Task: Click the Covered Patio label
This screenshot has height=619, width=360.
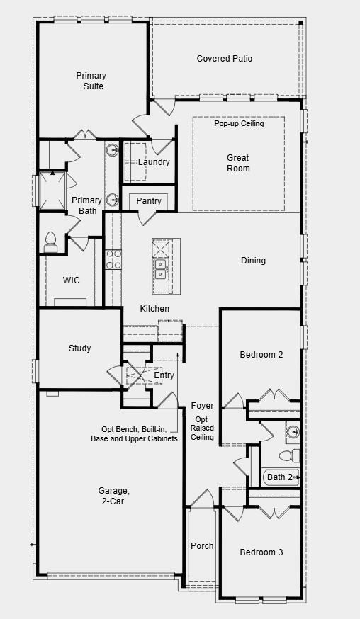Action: [224, 59]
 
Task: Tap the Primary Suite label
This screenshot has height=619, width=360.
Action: [91, 81]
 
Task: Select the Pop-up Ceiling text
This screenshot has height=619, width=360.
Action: [239, 123]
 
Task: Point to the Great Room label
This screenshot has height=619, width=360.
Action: [238, 163]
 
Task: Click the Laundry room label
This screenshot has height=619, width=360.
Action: [154, 162]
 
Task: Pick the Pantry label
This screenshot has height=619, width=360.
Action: [149, 201]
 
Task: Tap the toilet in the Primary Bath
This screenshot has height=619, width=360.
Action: [50, 242]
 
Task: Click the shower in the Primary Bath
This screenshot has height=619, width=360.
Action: [52, 191]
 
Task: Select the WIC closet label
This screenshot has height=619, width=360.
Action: [71, 280]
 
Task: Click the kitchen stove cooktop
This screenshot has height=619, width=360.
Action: [113, 259]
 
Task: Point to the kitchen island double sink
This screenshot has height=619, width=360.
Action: [160, 268]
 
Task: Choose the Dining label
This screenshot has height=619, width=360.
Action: [253, 261]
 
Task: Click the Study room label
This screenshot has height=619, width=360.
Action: [79, 348]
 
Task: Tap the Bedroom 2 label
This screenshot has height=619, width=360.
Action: [261, 354]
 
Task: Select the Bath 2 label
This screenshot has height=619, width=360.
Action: [279, 477]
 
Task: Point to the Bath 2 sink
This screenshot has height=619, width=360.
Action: [293, 431]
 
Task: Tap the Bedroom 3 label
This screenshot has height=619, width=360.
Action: [261, 552]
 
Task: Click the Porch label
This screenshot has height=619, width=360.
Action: [202, 546]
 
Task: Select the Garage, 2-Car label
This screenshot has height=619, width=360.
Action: [113, 496]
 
